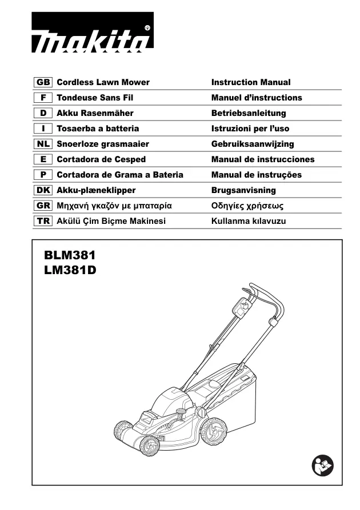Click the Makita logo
[93, 32]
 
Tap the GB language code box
[43, 82]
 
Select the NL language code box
[43, 144]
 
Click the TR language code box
[43, 221]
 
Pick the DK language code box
[43, 190]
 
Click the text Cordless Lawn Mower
[103, 82]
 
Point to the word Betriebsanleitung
[249, 113]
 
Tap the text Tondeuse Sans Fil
[95, 98]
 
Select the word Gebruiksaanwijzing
[253, 144]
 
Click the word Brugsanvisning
[243, 190]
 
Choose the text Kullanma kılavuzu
[249, 221]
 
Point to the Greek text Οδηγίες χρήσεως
[247, 206]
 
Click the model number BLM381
[70, 255]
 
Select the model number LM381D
[70, 270]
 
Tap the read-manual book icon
[322, 465]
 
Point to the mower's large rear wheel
[214, 432]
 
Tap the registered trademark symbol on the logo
[147, 29]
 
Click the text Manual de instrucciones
[263, 159]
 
